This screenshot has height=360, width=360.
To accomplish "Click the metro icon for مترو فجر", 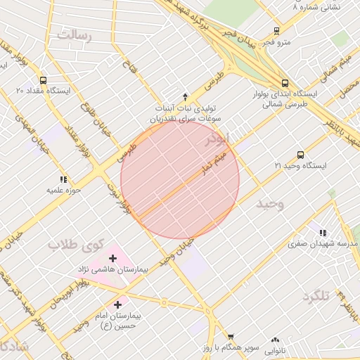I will point(276,31).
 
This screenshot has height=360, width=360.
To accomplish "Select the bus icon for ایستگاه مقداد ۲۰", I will point(44,80).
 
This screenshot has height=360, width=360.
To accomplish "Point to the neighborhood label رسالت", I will point(75,34).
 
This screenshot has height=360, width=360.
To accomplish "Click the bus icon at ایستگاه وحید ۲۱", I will point(301,155).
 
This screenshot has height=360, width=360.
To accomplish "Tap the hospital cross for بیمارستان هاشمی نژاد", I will point(112,258).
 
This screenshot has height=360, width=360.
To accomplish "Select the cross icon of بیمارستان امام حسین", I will point(117,305).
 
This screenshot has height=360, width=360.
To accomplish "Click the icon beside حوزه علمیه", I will point(64,179).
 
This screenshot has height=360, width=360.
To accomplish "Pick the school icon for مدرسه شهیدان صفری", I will point(323,233).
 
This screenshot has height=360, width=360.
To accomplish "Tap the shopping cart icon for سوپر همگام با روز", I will point(231,337).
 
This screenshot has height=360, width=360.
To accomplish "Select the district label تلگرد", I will point(315,296).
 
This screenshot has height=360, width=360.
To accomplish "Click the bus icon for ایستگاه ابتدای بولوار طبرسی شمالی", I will point(284,82).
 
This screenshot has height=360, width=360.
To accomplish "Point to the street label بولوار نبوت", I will point(118,197).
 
